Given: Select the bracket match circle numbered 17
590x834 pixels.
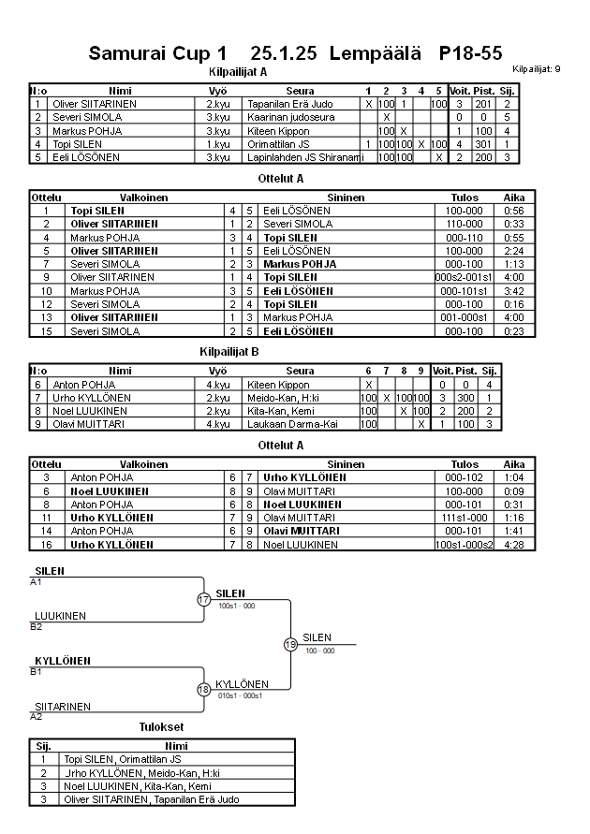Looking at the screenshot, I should tap(204, 599).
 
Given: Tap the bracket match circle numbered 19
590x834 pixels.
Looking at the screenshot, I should tap(290, 644).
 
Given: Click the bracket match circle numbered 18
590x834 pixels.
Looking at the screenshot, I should tap(204, 689).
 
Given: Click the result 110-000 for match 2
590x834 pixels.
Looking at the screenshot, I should tap(465, 224).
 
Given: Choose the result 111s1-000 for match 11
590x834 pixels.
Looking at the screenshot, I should tap(465, 517).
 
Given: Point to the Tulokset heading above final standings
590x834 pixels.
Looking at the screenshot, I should tap(161, 726).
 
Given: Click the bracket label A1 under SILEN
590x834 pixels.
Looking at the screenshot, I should tap(36, 581).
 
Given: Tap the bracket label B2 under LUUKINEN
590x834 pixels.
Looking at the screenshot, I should tap(36, 626).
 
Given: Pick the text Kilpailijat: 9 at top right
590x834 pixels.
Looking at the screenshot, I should tap(537, 69).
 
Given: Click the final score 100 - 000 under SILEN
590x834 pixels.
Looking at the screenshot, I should tap(319, 650).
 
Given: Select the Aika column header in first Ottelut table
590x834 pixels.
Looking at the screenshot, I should tap(514, 198).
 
